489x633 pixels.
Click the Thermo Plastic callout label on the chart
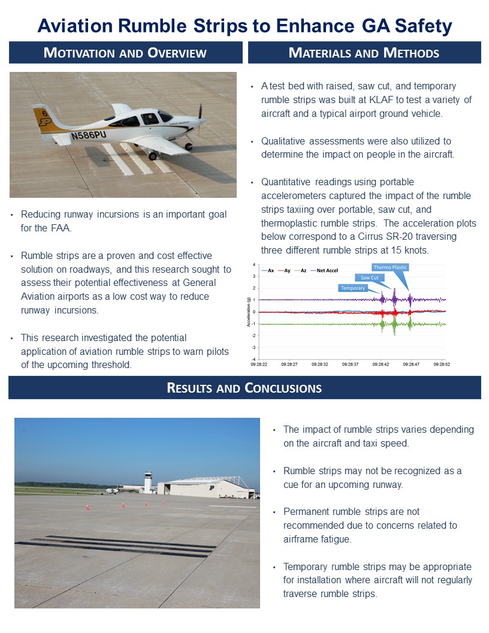pyautogui.click(x=390, y=267)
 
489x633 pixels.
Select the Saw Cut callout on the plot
pyautogui.click(x=369, y=278)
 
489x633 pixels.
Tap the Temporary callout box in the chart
pyautogui.click(x=353, y=288)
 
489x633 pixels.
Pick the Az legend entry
pyautogui.click(x=303, y=271)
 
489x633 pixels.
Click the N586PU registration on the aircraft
pyautogui.click(x=88, y=135)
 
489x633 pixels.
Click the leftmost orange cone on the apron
pyautogui.click(x=87, y=507)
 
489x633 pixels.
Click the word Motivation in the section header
pyautogui.click(x=79, y=53)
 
